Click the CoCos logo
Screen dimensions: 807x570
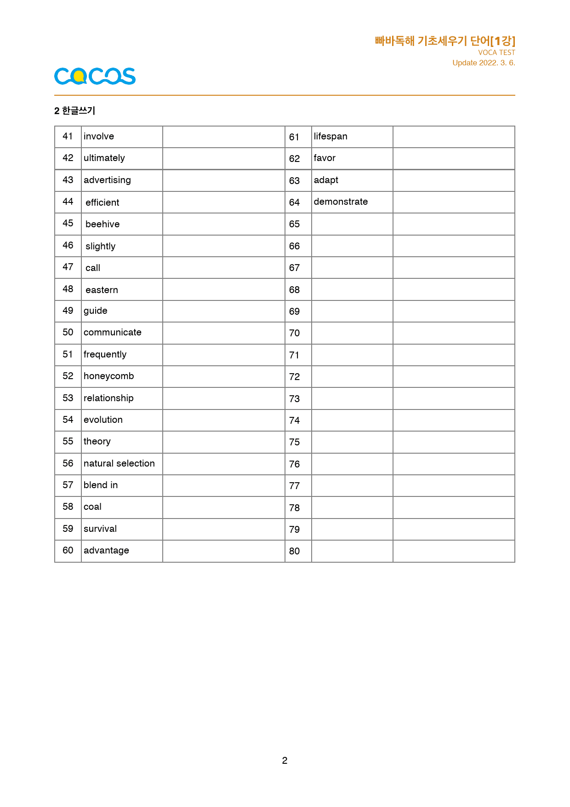point(95,76)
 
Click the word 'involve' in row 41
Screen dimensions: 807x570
point(99,137)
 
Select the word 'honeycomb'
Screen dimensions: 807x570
point(108,376)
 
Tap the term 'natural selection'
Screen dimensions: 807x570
point(119,464)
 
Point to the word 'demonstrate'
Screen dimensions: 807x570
point(341,202)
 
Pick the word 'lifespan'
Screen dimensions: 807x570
point(331,137)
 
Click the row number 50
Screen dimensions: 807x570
point(68,333)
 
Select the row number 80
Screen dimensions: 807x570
point(294,551)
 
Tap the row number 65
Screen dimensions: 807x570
point(294,224)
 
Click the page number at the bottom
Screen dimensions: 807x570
point(285,761)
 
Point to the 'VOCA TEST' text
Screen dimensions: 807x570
point(496,53)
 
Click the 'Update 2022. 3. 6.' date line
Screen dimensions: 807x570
point(484,63)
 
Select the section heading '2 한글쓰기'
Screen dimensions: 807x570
point(74,111)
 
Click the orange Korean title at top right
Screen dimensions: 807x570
point(445,41)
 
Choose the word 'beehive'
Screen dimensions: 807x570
point(103,225)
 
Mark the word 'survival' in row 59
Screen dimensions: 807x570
point(100,529)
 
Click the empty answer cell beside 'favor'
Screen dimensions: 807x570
point(453,159)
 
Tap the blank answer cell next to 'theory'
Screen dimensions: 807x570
point(223,442)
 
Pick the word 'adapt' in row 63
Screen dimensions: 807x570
point(326,180)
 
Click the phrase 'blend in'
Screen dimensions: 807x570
point(101,485)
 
